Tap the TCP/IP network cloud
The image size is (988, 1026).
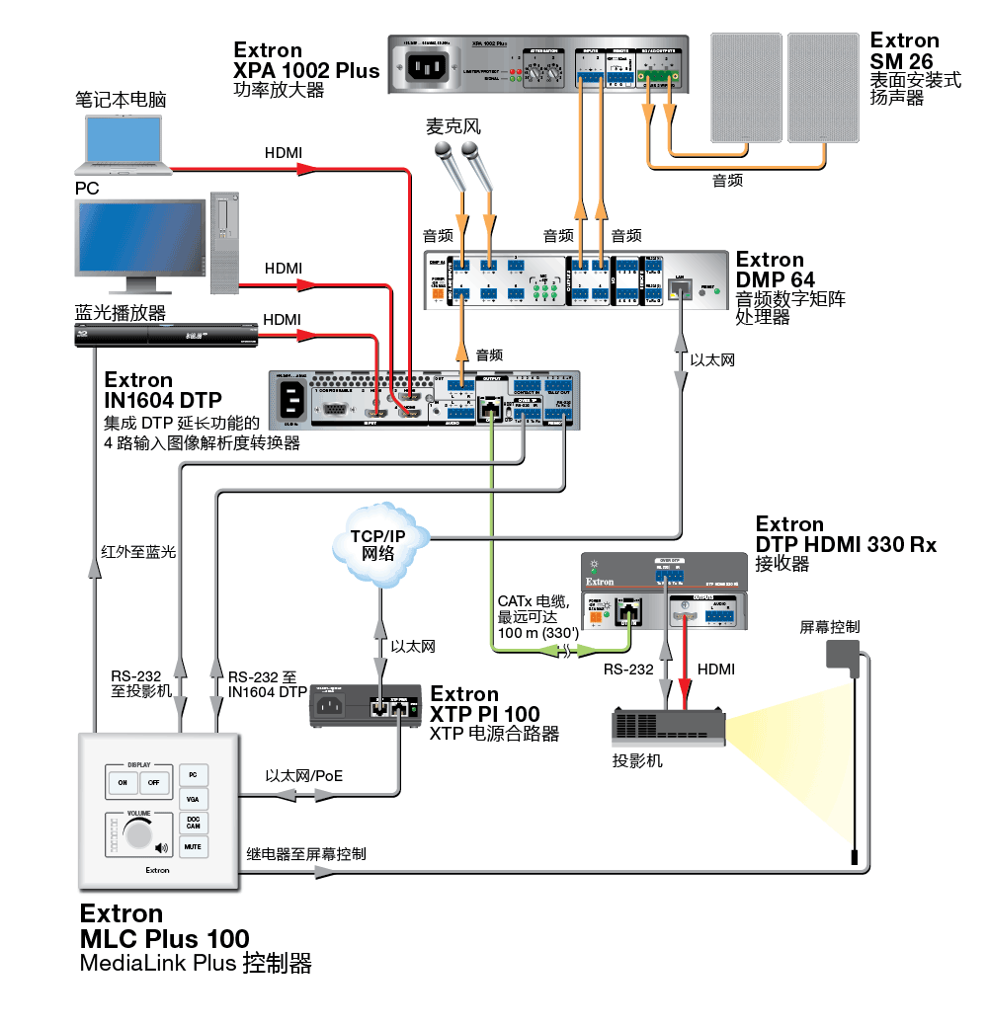point(378,544)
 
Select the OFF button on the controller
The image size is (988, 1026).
point(153,782)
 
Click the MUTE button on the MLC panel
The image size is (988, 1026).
point(193,846)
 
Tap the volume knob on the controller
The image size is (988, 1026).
point(137,836)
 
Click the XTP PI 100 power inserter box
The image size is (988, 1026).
point(365,705)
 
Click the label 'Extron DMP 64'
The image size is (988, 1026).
point(777,270)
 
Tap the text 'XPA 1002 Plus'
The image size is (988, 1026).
point(306,71)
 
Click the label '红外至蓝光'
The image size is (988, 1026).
point(138,552)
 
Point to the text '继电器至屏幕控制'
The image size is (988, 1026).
point(306,853)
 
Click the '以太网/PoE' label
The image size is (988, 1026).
point(304,775)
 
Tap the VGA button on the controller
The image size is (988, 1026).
point(193,798)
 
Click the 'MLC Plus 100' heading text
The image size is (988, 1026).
point(164,938)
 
